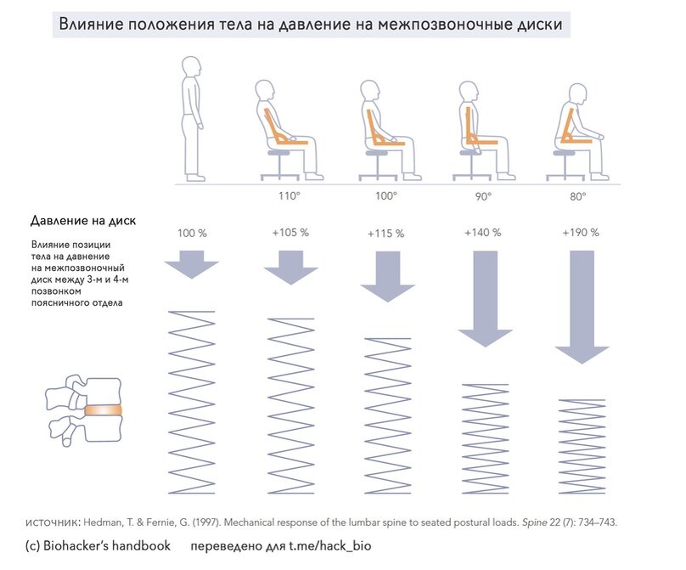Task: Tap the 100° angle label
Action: click(386, 196)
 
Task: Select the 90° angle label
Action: click(482, 196)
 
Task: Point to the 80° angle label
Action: click(581, 196)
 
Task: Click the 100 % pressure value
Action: click(192, 233)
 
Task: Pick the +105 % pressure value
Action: click(290, 233)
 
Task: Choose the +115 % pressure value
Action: click(386, 234)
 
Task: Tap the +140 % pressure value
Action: click(482, 232)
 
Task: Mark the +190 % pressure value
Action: click(581, 232)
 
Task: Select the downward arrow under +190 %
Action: click(582, 306)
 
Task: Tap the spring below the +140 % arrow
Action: click(485, 438)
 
